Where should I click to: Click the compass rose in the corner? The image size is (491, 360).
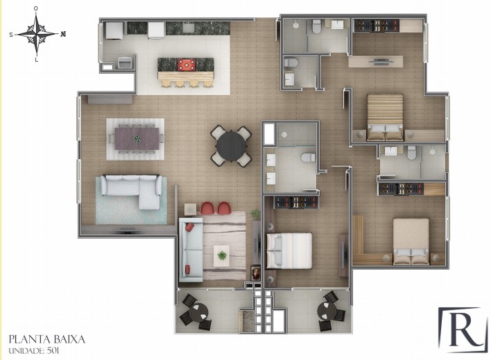[37, 34]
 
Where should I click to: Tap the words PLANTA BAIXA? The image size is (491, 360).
[47, 339]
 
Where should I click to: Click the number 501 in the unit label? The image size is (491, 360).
[53, 350]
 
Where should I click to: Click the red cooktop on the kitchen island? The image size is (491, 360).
[187, 65]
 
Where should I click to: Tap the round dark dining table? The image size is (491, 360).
[231, 146]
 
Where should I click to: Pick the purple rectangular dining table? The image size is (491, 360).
[137, 139]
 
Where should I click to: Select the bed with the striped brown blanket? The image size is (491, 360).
[385, 117]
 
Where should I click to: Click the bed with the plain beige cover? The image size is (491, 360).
[411, 241]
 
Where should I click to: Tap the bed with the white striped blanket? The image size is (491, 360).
[289, 250]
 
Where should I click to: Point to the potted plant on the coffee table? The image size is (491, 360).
[222, 255]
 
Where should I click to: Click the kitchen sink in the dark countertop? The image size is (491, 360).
[189, 28]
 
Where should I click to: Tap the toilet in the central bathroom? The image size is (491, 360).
[308, 157]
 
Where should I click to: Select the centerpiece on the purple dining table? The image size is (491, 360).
[137, 139]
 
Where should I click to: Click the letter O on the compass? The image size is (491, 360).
[36, 8]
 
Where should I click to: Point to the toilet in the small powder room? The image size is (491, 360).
[291, 62]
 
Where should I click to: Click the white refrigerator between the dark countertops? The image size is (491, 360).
[156, 30]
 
